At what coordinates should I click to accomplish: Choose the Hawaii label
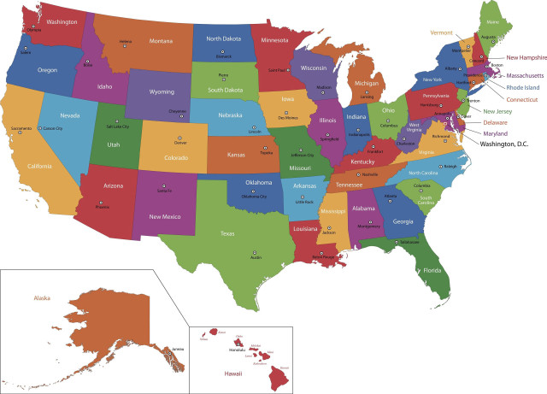point(233,373)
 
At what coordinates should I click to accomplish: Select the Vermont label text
point(441,32)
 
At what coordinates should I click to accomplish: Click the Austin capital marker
point(254,228)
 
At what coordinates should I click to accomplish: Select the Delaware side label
point(494,122)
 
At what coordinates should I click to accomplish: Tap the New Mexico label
point(164,216)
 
